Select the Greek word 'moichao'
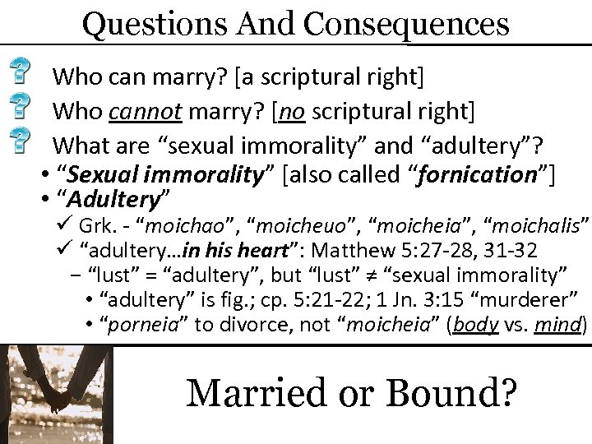[x=187, y=224]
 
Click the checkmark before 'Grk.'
[x=67, y=224]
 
